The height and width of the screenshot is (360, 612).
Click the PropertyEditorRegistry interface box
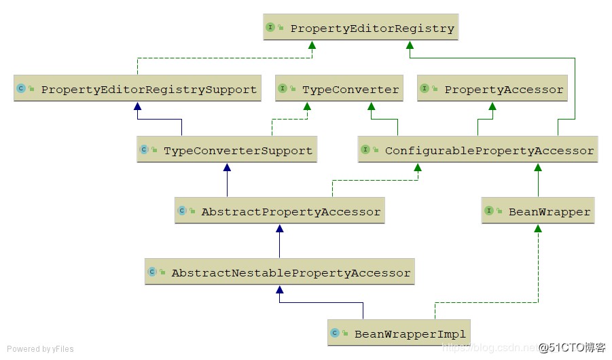tap(361, 29)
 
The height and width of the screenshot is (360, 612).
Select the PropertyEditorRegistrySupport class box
tap(137, 89)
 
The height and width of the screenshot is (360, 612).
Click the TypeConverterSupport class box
tap(227, 150)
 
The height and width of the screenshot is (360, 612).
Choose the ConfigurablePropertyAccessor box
tap(478, 150)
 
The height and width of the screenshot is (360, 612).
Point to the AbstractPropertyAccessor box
tap(279, 211)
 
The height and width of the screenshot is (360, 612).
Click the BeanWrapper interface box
tap(539, 211)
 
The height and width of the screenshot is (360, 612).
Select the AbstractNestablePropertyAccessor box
tap(279, 272)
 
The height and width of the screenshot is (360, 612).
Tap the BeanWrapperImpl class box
tap(399, 334)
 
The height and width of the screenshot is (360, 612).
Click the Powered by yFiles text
tap(40, 349)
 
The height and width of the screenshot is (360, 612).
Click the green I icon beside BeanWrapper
tap(489, 211)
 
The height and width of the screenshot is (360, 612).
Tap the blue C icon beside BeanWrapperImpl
tap(335, 334)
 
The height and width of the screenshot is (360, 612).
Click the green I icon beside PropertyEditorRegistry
tap(270, 28)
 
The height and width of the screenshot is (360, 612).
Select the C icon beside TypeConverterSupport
tap(144, 150)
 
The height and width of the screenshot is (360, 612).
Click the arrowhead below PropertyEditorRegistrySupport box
tap(137, 106)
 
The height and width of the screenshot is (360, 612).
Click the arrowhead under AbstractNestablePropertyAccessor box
tap(279, 289)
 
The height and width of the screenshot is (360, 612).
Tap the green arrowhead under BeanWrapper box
tap(539, 228)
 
